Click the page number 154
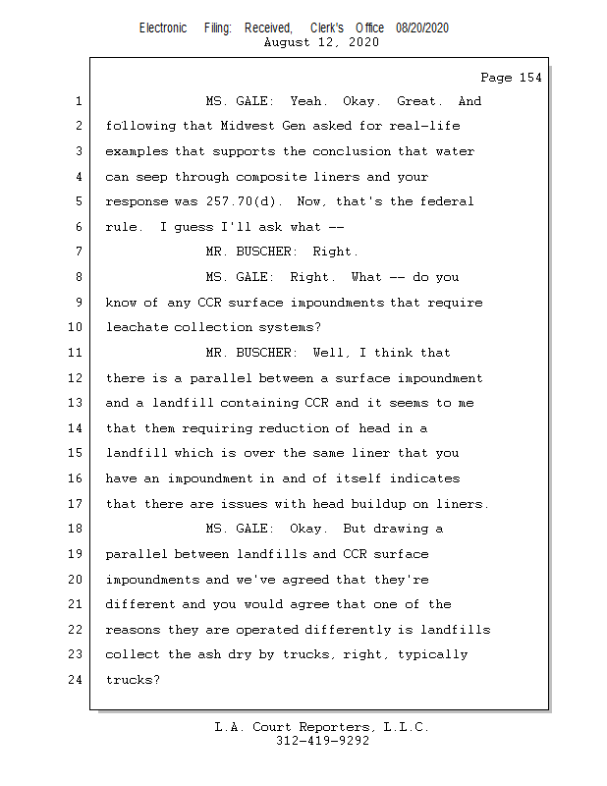[530, 78]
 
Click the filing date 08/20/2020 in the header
[422, 28]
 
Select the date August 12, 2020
[321, 42]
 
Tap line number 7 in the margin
[79, 252]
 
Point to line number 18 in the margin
[76, 529]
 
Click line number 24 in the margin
[76, 680]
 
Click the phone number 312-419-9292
[323, 741]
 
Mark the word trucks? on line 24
[133, 680]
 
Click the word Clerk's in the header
[327, 28]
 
